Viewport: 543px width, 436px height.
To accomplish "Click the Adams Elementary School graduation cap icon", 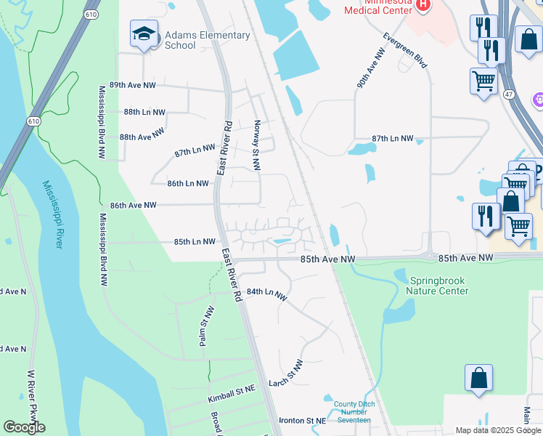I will (x=144, y=33).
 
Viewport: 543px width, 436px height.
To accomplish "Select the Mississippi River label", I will (x=52, y=214).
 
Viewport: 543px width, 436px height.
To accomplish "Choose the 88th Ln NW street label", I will (x=144, y=113).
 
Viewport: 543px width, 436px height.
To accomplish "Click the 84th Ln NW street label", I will (x=267, y=293).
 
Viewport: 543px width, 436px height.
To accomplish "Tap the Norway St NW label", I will (x=256, y=145).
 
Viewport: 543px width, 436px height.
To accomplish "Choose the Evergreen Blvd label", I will (x=406, y=50).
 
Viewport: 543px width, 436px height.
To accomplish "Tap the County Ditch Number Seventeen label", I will (x=352, y=412).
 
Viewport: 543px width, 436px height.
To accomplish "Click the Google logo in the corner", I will (x=24, y=427).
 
